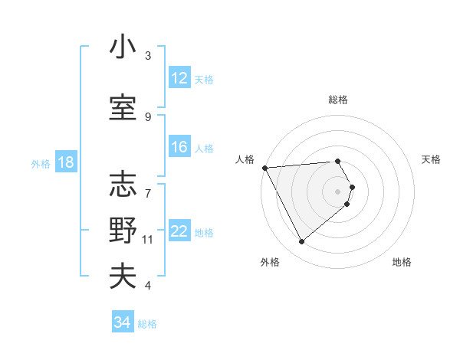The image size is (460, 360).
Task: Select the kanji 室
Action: pyautogui.click(x=123, y=106)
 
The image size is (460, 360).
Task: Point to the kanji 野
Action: pyautogui.click(x=123, y=230)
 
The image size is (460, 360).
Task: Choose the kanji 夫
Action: pyautogui.click(x=123, y=276)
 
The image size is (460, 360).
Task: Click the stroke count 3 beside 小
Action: pyautogui.click(x=148, y=56)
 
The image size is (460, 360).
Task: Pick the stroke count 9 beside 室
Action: pyautogui.click(x=148, y=116)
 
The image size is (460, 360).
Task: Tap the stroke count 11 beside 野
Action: pyautogui.click(x=148, y=240)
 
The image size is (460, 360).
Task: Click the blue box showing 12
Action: pyautogui.click(x=179, y=78)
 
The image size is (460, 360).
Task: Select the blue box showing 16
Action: pyautogui.click(x=179, y=147)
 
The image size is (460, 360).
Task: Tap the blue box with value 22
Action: pyautogui.click(x=179, y=231)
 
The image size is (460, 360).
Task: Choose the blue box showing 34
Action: pyautogui.click(x=122, y=322)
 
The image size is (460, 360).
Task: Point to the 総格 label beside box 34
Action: pyautogui.click(x=147, y=324)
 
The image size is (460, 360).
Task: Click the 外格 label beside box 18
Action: pyautogui.click(x=40, y=163)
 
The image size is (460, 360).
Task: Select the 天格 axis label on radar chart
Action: pyautogui.click(x=432, y=159)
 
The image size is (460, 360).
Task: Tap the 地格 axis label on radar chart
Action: pyautogui.click(x=402, y=262)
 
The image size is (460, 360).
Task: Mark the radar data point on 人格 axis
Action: pyautogui.click(x=264, y=168)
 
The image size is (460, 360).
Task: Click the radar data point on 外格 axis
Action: pyautogui.click(x=301, y=242)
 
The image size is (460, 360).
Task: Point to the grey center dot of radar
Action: pyautogui.click(x=338, y=191)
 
